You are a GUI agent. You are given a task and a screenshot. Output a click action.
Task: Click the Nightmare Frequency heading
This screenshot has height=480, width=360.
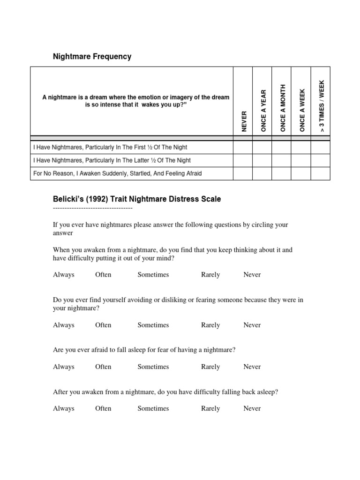pos(92,57)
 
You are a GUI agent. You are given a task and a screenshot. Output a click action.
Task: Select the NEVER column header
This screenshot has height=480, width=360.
pos(243,121)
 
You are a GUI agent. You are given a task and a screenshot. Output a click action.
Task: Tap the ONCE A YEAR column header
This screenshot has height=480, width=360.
pos(263,110)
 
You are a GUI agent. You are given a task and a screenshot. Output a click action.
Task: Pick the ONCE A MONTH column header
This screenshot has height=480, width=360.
pos(282,108)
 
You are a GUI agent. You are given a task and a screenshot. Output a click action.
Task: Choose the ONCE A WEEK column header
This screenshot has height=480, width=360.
pos(302,110)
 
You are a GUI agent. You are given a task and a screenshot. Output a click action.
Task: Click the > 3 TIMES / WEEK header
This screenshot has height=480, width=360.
pos(321,106)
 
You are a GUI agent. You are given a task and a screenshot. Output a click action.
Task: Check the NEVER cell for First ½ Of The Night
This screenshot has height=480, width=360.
pos(243,147)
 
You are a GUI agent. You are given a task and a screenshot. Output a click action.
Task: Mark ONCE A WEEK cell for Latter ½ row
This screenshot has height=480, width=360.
pos(301,160)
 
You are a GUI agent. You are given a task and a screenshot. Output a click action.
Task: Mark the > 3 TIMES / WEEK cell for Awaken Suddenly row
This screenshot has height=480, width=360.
pos(321,173)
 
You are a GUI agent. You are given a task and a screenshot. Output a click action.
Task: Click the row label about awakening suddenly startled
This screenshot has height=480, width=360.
pos(118,173)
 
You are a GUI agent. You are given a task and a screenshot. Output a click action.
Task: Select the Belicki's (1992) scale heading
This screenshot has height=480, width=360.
pos(137,199)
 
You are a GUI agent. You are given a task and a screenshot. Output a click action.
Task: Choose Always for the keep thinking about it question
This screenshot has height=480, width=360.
pos(64,275)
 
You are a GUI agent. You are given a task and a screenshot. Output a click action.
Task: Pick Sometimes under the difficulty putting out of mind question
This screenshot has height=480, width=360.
pos(153,275)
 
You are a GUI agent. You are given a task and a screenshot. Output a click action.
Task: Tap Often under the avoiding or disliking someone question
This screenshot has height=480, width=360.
pos(103,325)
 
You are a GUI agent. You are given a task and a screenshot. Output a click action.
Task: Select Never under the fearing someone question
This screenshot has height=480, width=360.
pos(252,325)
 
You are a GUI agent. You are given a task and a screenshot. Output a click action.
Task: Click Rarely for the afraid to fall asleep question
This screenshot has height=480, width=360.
pos(210,367)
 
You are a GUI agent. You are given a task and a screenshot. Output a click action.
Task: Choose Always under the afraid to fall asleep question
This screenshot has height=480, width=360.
pos(64,367)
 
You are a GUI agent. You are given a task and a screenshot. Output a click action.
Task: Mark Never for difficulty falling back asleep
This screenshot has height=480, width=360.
pos(252,408)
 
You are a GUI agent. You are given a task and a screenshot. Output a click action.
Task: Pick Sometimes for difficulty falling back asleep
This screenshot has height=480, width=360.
pos(153,408)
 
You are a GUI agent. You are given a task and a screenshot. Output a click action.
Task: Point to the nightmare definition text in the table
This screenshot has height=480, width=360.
pos(136,101)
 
